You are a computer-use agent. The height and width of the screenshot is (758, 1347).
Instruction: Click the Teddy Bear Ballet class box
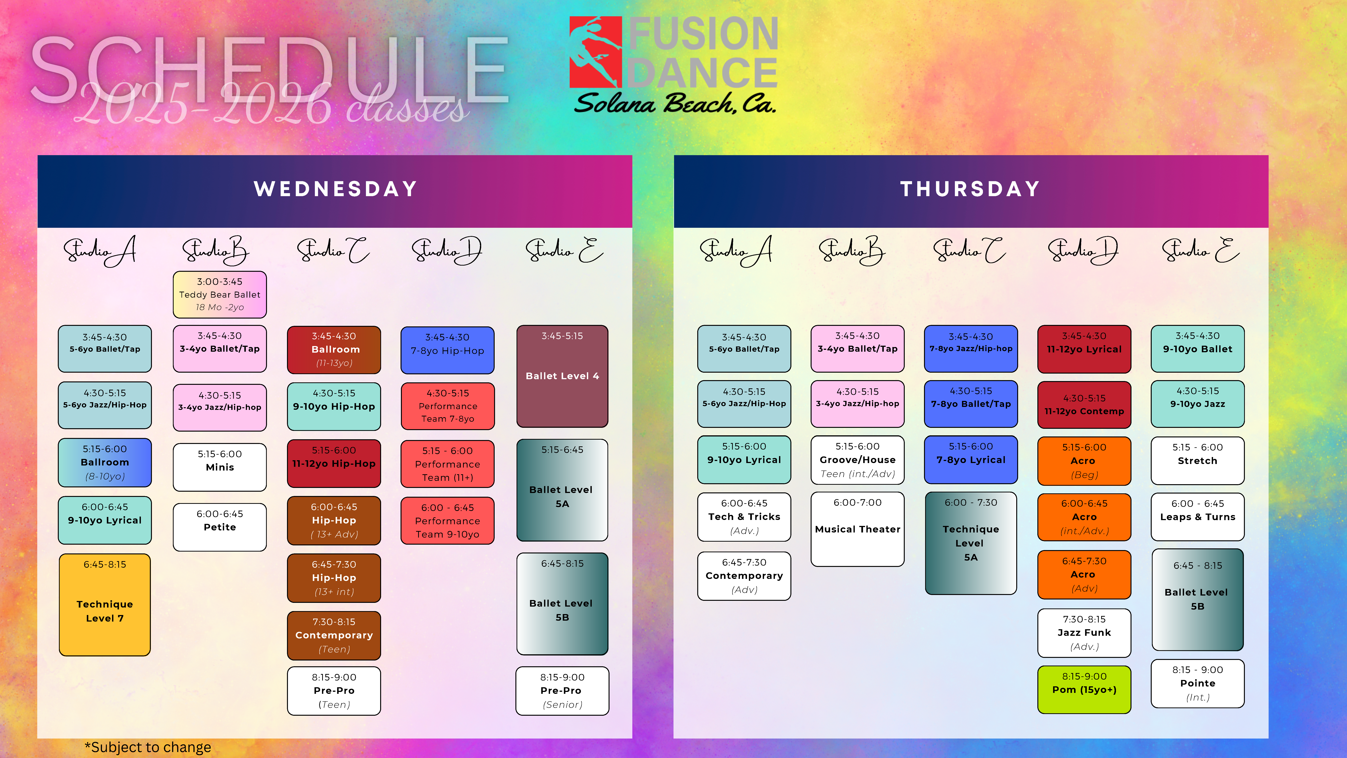[x=220, y=295]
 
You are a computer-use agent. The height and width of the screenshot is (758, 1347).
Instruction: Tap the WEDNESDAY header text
[x=336, y=189]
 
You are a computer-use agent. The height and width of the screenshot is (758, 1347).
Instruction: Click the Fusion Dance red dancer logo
[x=595, y=52]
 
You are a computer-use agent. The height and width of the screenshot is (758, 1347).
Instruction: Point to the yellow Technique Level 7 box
[x=105, y=605]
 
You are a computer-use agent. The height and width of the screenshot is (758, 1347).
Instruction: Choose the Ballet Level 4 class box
[x=562, y=376]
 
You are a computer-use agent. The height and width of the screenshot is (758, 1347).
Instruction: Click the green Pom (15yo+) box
[x=1084, y=689]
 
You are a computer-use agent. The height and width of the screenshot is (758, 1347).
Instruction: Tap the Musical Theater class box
[x=858, y=529]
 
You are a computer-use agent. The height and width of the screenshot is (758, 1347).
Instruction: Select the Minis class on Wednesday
[x=220, y=467]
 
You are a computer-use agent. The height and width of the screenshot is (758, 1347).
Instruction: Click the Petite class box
[x=220, y=527]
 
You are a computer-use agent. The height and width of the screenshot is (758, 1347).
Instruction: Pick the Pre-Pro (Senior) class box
[x=562, y=690]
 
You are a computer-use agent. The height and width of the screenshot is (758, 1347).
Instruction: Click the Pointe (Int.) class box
[x=1198, y=683]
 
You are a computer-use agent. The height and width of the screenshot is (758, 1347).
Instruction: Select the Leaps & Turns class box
[x=1198, y=517]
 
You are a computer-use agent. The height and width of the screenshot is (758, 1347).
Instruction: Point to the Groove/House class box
[x=858, y=460]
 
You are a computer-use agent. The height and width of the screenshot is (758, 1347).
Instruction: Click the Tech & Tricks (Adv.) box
[x=744, y=517]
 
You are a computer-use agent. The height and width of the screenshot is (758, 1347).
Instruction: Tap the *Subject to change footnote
[x=148, y=747]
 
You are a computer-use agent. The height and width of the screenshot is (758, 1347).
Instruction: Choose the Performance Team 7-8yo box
[x=448, y=406]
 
